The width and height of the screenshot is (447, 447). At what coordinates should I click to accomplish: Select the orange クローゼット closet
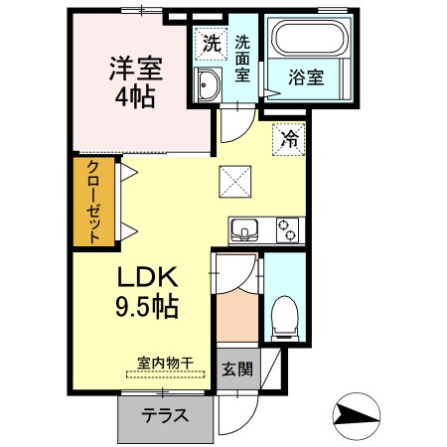92,202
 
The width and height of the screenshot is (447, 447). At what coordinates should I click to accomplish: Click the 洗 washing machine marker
211,43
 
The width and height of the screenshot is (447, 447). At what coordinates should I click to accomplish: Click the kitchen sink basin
245,231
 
